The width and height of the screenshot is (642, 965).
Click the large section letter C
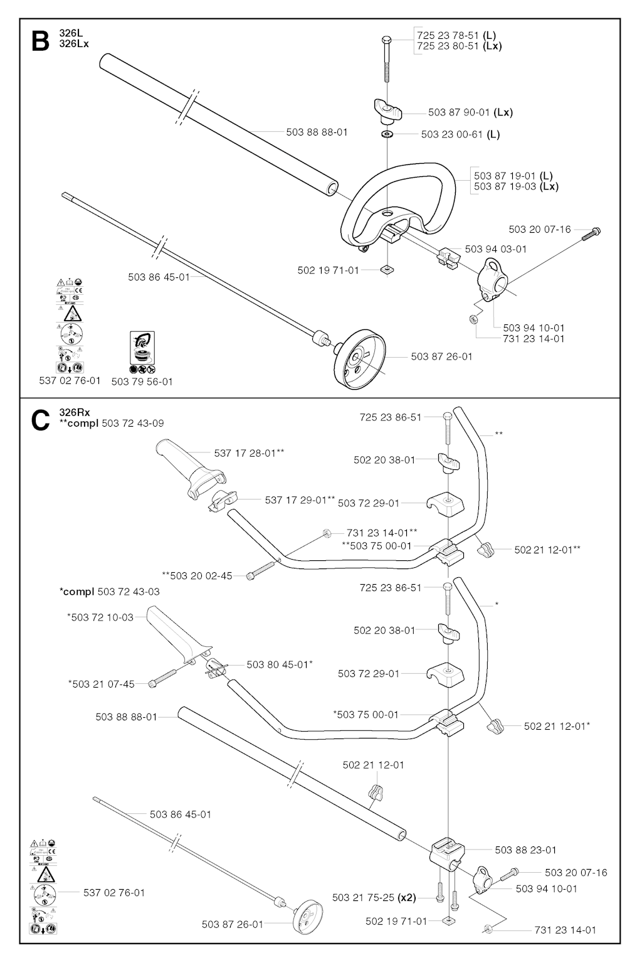pos(39,420)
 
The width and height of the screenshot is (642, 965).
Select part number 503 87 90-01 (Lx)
pos(470,113)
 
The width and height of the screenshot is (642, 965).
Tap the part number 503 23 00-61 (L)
pos(460,134)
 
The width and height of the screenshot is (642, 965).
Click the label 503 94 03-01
pos(496,249)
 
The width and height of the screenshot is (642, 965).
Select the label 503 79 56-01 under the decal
pos(142,381)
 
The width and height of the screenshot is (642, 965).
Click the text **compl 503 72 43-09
pos(111,424)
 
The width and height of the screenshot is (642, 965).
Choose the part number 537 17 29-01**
pos(300,500)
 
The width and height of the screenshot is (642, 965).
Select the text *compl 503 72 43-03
pos(109,592)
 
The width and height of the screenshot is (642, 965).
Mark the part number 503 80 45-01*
pos(280,664)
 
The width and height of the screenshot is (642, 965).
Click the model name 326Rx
pos(75,412)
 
